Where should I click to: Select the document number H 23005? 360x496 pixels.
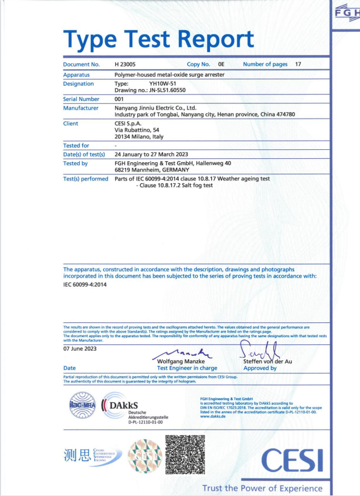point(127,65)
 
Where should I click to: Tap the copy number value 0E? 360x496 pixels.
point(221,65)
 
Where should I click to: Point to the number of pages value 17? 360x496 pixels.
point(298,65)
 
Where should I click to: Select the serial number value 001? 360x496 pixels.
point(120,99)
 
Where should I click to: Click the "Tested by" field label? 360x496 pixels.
point(76,163)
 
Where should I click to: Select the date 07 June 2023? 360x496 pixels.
point(79,348)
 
